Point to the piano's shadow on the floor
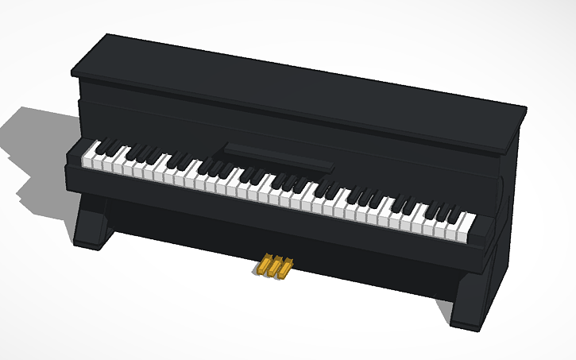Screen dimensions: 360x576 (x=36, y=151)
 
